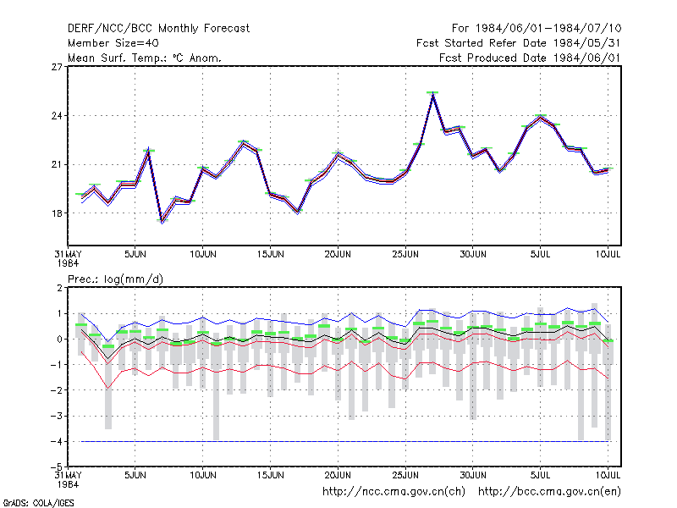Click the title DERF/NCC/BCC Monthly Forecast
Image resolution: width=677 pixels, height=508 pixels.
click(158, 29)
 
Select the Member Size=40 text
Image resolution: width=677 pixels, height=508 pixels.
click(113, 43)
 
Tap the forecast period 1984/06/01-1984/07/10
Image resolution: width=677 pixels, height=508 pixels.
click(548, 29)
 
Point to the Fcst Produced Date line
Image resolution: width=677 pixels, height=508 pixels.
click(531, 58)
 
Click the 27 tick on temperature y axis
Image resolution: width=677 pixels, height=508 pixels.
click(57, 67)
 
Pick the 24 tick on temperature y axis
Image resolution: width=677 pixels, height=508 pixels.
click(57, 116)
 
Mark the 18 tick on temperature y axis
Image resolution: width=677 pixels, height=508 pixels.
click(57, 213)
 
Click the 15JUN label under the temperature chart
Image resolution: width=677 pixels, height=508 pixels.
click(271, 254)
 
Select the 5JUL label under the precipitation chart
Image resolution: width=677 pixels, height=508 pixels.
click(540, 475)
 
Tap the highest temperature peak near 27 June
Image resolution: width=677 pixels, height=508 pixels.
click(432, 94)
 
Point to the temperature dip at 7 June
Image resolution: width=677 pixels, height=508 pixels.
click(162, 221)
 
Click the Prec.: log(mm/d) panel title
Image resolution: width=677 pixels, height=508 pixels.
click(115, 279)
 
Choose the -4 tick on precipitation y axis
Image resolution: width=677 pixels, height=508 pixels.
click(56, 441)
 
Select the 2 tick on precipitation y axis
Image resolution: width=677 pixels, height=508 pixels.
click(59, 288)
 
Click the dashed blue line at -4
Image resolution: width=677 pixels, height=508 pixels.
click(344, 441)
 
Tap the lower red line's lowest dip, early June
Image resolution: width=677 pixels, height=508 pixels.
click(108, 389)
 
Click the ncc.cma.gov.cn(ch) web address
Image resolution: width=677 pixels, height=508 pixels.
click(394, 492)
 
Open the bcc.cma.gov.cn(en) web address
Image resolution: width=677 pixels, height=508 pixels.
click(549, 492)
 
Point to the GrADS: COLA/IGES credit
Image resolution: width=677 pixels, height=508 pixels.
click(38, 503)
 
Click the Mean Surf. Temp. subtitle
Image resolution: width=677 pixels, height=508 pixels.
click(145, 58)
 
